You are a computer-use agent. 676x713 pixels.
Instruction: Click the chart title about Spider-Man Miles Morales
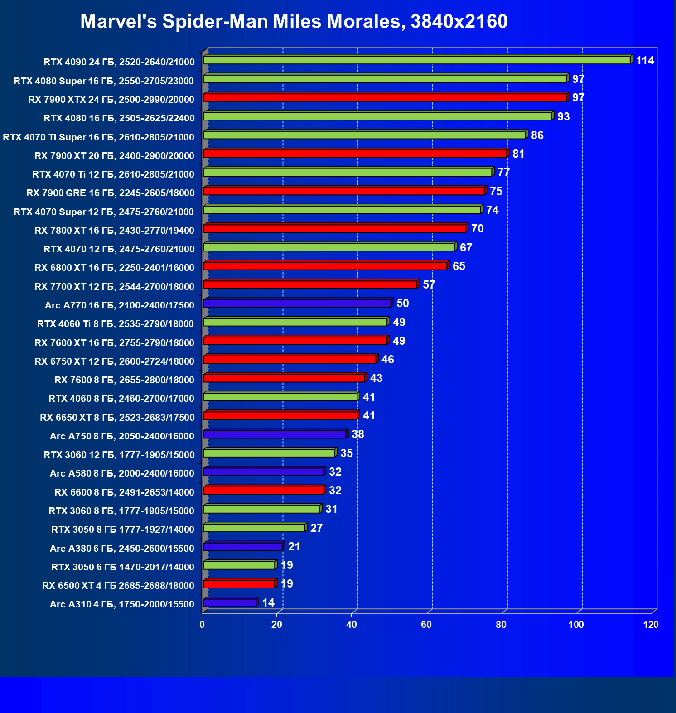294,21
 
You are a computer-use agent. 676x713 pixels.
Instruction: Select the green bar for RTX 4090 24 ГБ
417,60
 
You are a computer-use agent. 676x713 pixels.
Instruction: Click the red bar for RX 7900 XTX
385,97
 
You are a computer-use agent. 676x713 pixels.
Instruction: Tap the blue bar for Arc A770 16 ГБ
297,303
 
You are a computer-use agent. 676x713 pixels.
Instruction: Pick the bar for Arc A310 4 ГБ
230,603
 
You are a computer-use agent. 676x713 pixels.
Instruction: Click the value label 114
645,61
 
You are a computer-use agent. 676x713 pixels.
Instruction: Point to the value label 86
537,135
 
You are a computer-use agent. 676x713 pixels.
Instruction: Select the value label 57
429,285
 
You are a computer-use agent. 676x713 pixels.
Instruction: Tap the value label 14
268,603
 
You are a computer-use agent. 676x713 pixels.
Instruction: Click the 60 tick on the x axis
426,625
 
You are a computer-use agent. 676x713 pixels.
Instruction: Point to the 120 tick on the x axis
651,625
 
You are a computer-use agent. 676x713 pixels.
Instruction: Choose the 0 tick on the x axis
202,625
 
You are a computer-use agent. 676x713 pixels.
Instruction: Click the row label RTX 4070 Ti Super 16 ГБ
98,137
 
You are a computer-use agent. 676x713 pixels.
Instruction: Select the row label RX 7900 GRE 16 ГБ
110,193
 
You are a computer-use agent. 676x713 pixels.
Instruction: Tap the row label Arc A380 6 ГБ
122,549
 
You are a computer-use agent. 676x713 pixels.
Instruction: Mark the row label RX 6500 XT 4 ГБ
118,586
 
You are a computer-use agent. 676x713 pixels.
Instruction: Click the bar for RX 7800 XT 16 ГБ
335,228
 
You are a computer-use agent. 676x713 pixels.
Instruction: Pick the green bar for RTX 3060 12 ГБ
270,453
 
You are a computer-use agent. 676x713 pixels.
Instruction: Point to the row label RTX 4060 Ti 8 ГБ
115,324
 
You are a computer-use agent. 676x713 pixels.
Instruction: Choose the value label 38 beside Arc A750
357,434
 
